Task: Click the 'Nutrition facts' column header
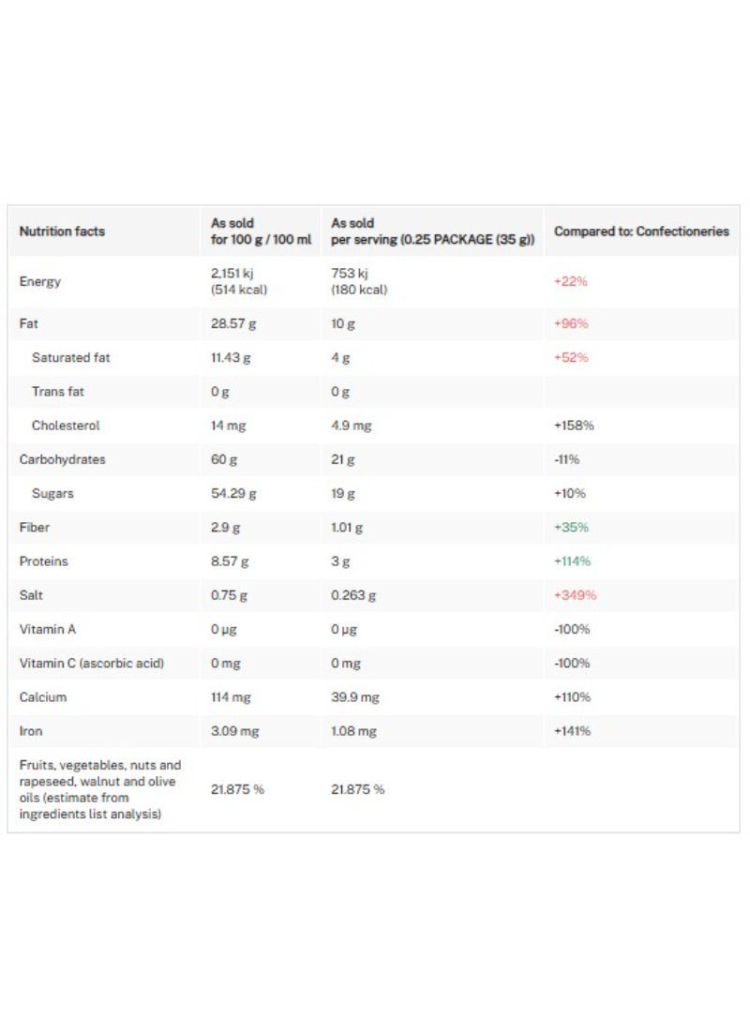[62, 232]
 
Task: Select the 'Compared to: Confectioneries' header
[641, 232]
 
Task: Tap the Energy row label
[40, 281]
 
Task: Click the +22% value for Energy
[571, 281]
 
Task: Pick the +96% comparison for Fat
[571, 323]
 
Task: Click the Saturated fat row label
[71, 357]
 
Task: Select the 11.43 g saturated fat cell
[231, 357]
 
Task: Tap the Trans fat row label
[57, 392]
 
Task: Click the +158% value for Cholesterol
[574, 426]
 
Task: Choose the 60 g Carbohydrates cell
[224, 459]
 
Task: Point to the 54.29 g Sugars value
[233, 493]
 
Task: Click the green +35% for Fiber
[571, 528]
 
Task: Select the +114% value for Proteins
[573, 561]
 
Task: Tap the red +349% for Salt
[576, 595]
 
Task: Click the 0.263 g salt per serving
[353, 595]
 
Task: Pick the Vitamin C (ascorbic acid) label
[92, 664]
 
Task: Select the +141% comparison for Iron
[573, 731]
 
